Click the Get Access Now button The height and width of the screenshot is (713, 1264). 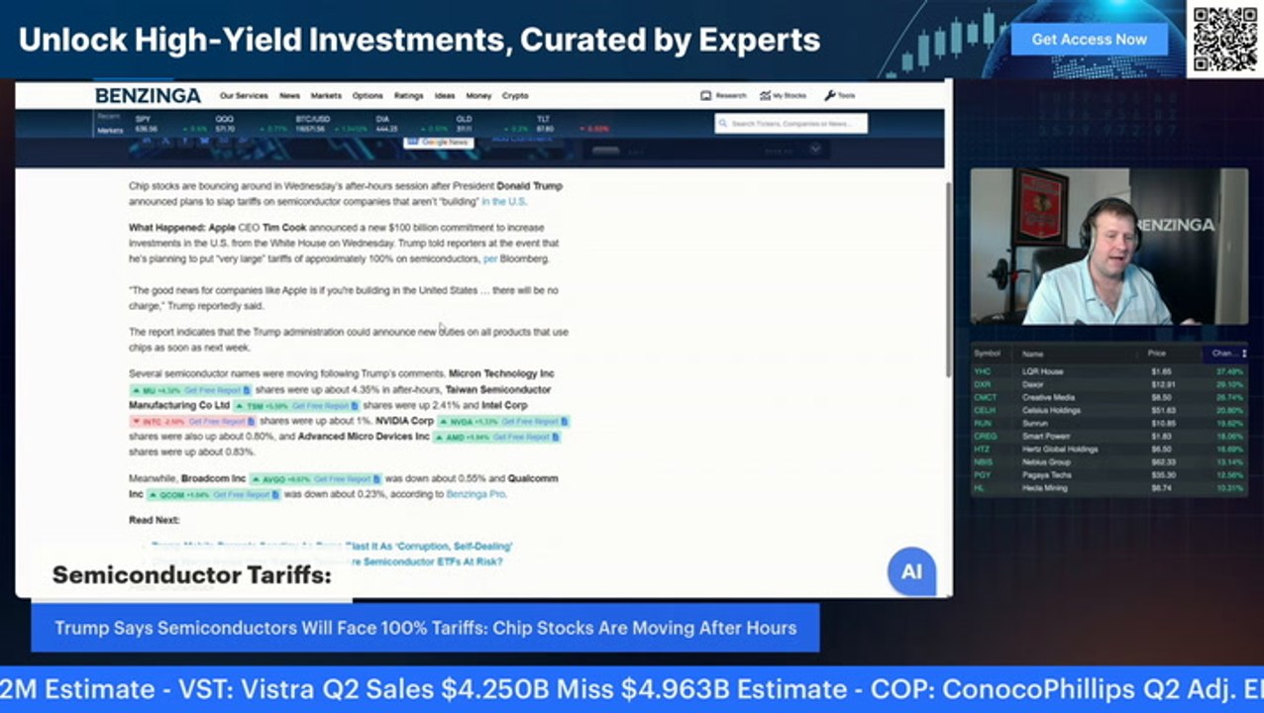coord(1089,40)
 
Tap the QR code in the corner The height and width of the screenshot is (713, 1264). coord(1224,40)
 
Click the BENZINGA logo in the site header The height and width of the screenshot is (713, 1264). coord(148,96)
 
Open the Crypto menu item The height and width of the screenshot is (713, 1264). coord(515,96)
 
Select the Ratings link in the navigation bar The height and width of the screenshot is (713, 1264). coord(408,96)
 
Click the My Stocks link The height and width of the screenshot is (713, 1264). coord(783,96)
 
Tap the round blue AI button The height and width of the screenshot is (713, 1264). coord(911,572)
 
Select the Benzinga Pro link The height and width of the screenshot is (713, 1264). coord(475,494)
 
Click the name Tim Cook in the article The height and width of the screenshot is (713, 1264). coord(285,228)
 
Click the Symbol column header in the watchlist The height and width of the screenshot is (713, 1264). coord(988,354)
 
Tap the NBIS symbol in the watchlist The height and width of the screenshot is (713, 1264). coord(983,461)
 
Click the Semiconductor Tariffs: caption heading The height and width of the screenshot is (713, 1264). coord(191,575)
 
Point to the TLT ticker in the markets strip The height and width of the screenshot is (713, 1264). coord(543,120)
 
